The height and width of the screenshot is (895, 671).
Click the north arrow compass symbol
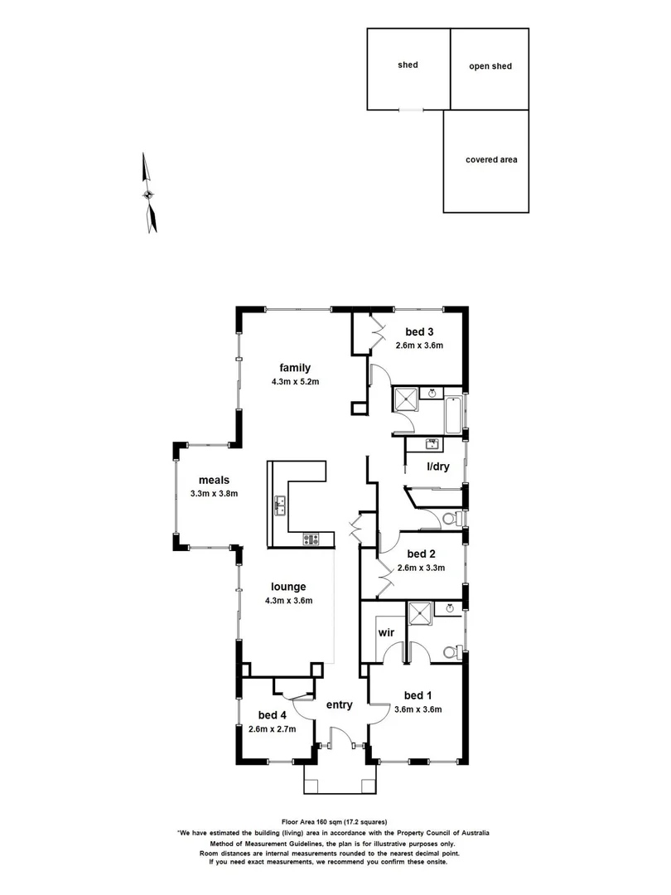tap(148, 194)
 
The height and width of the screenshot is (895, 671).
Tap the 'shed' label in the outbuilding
tap(408, 65)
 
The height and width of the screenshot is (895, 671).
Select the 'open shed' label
tap(490, 66)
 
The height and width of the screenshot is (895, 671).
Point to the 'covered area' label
tap(491, 159)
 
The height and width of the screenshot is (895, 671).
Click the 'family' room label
tap(294, 367)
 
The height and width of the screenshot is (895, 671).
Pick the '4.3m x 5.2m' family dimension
tap(294, 382)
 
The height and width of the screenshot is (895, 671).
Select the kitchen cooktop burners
tap(311, 539)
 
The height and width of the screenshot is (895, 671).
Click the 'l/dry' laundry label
tap(437, 467)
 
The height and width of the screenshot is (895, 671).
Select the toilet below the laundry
tap(451, 519)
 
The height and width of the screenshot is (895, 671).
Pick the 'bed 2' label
tap(422, 554)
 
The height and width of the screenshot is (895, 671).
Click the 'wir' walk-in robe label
tap(386, 633)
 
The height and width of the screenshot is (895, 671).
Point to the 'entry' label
tap(340, 705)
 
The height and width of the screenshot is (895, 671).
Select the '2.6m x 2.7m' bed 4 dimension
tap(273, 729)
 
